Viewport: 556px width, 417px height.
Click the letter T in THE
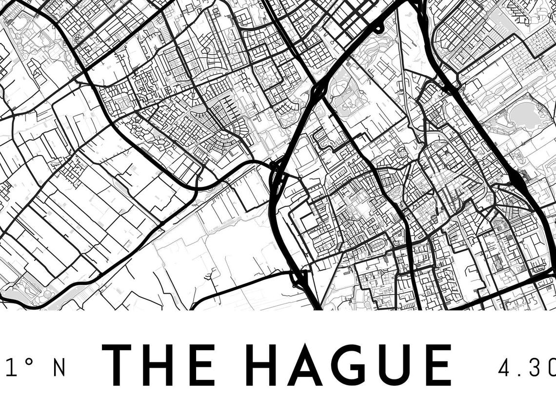(x=117, y=364)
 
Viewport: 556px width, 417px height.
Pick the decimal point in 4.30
(x=520, y=375)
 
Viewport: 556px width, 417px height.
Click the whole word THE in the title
(x=159, y=364)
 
